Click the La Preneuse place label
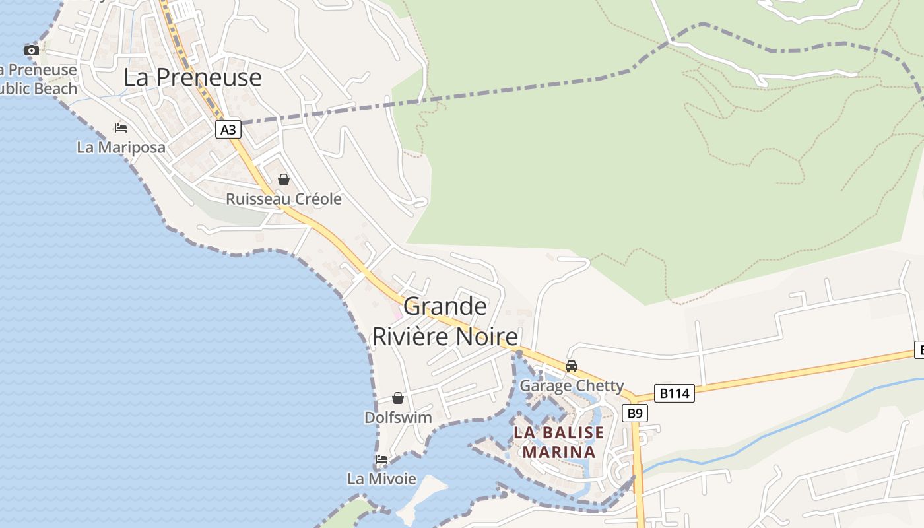193,78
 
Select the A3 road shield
228,129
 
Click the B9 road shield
634,413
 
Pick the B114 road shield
675,393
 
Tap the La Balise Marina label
558,442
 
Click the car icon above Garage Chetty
572,366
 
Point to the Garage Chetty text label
572,385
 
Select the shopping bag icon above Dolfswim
398,398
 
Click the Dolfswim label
398,418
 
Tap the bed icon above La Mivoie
381,459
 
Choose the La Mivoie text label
381,478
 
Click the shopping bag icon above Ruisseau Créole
284,180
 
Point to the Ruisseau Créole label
284,199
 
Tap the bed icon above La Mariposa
121,127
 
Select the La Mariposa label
121,147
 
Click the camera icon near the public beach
31,50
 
